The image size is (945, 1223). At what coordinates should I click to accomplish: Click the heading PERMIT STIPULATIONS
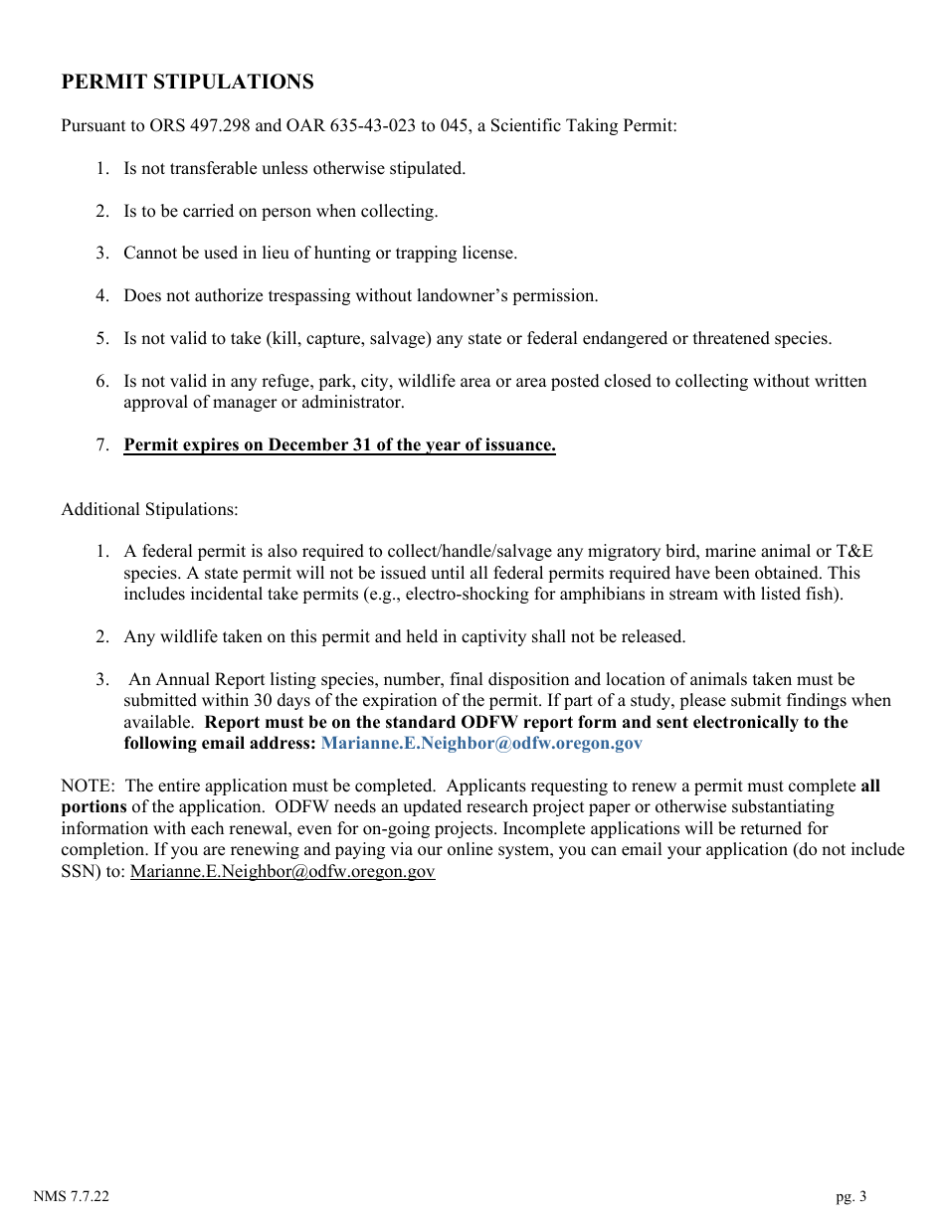tap(187, 83)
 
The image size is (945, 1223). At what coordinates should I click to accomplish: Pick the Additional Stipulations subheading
tap(149, 510)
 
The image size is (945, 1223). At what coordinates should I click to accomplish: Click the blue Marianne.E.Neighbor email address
tap(481, 744)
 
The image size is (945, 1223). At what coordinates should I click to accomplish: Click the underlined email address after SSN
tap(283, 872)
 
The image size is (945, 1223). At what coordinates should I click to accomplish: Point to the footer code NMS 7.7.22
tap(71, 1197)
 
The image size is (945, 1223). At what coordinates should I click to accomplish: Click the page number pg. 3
tap(850, 1197)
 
